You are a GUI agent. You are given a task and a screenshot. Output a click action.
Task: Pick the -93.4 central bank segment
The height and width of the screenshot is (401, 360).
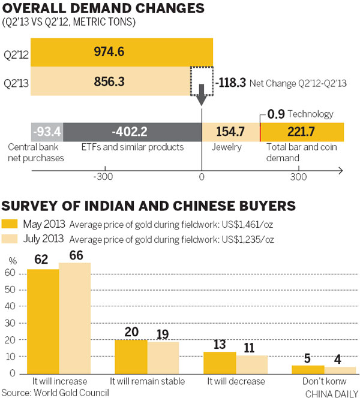pyautogui.click(x=47, y=131)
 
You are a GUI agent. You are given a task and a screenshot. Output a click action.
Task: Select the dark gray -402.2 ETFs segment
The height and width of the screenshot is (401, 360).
pyautogui.click(x=132, y=131)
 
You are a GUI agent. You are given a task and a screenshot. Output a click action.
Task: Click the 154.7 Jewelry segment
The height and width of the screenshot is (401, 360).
pyautogui.click(x=230, y=131)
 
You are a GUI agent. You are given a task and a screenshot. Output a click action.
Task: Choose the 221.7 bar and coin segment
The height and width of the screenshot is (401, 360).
pyautogui.click(x=302, y=131)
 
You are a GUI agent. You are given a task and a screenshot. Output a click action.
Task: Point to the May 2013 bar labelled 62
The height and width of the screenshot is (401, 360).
pyautogui.click(x=43, y=321)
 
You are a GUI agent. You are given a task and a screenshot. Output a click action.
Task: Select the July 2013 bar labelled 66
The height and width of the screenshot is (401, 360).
pyautogui.click(x=75, y=318)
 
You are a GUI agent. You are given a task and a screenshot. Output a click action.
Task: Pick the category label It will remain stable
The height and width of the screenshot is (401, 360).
pyautogui.click(x=147, y=381)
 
